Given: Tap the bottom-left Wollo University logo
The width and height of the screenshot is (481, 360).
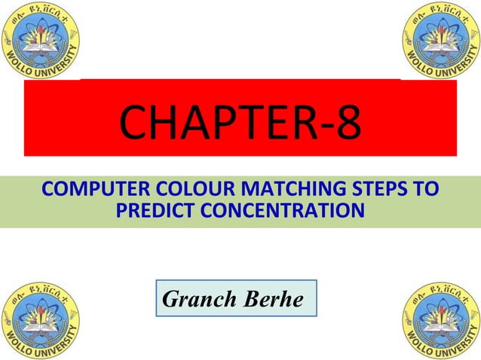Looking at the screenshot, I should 42,320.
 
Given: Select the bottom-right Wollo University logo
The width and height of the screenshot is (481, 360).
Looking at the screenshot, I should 439,320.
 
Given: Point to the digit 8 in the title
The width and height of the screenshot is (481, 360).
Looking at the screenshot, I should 348,125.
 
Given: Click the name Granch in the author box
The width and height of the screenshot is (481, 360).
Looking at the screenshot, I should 199,299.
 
